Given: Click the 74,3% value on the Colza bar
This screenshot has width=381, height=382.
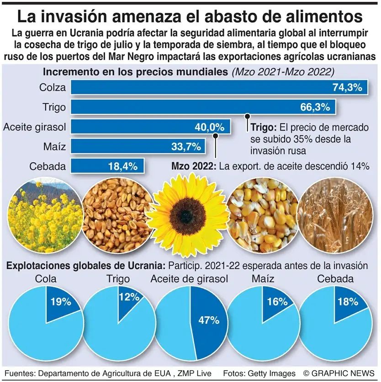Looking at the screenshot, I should pos(347,88).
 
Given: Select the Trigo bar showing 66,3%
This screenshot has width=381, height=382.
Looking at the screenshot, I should pos(201,107).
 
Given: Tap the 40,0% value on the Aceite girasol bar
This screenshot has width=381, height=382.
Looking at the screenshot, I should pos(210,127).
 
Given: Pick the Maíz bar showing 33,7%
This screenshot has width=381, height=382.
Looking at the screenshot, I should pos(137,146).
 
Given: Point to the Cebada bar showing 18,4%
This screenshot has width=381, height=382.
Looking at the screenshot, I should pos(107,166).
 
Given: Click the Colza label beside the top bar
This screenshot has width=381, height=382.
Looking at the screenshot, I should pos(53,88).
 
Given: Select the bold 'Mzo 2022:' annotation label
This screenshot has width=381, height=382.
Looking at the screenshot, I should pos(193,167).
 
